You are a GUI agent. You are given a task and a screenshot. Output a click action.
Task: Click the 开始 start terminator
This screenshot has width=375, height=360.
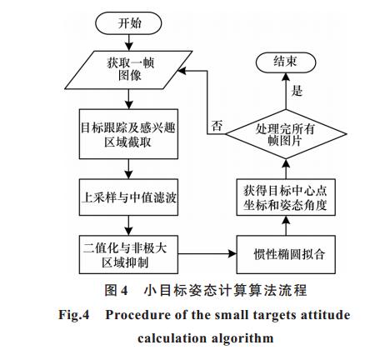(128, 23)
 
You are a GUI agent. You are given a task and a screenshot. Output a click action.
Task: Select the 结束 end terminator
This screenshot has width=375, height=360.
(286, 62)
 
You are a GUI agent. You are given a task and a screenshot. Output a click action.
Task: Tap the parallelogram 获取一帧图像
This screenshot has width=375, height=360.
(128, 70)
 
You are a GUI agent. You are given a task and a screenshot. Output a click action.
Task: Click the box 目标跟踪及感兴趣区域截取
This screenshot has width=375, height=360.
(128, 134)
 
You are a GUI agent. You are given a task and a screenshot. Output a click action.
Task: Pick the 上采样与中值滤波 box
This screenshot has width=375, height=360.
(128, 197)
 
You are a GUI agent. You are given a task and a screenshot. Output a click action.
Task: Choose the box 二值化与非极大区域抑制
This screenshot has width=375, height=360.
(128, 254)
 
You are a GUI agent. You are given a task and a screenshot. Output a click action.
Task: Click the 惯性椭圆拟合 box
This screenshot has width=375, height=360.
(286, 254)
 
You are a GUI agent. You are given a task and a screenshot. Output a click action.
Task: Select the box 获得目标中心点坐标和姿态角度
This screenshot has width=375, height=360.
(286, 197)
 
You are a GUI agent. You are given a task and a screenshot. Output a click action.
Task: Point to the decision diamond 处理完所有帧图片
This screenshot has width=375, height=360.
(286, 134)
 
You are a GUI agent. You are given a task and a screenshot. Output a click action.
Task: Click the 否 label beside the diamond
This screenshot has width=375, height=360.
(217, 126)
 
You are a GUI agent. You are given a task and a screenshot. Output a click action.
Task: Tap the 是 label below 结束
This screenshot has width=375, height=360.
(297, 91)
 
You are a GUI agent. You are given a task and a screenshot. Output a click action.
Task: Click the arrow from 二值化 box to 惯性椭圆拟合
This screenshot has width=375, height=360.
(207, 253)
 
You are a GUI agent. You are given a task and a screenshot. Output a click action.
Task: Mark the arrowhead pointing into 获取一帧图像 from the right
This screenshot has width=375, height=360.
(182, 71)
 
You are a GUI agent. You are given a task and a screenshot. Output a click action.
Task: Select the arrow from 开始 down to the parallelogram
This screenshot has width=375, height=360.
(128, 42)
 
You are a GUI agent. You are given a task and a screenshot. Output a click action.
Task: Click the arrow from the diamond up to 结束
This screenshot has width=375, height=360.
(286, 91)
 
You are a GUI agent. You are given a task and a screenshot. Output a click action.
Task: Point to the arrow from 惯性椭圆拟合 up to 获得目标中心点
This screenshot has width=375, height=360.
(286, 226)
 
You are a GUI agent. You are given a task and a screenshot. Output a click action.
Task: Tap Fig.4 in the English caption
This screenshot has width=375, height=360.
(74, 315)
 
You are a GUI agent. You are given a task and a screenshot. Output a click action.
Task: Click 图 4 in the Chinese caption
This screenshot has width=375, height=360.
(116, 291)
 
